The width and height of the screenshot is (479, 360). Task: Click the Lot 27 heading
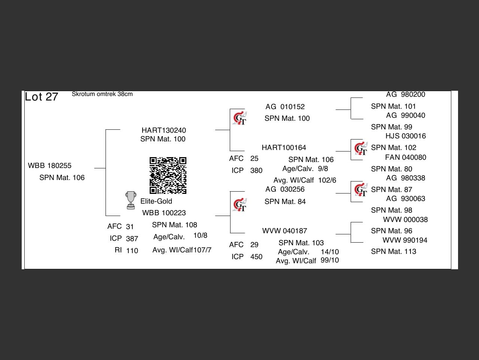click(42, 97)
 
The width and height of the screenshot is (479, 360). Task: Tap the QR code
click(168, 175)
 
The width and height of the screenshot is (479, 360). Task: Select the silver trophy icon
click(131, 200)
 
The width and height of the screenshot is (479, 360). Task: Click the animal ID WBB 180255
click(50, 166)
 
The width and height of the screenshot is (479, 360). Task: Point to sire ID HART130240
click(164, 130)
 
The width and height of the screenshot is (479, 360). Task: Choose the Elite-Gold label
click(156, 201)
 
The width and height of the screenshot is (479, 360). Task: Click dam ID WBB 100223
click(164, 213)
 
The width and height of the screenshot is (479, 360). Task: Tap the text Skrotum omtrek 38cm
click(102, 94)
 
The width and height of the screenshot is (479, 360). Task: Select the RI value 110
click(132, 251)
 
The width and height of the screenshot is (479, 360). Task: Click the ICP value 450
click(256, 257)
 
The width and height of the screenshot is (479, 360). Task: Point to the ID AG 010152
click(285, 107)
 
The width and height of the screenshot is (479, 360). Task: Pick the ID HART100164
click(284, 148)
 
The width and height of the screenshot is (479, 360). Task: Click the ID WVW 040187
click(284, 231)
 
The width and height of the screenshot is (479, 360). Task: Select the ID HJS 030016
click(406, 136)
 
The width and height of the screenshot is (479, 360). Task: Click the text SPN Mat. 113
click(394, 252)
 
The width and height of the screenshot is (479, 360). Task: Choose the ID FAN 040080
click(406, 157)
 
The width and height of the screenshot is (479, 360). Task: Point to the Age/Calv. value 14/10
click(330, 252)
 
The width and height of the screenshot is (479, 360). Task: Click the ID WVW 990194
click(405, 240)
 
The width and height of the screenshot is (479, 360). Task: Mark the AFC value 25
click(254, 159)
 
